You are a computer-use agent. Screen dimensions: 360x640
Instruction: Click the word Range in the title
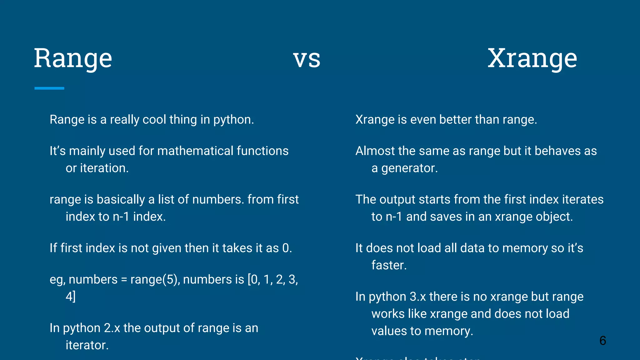[73, 58]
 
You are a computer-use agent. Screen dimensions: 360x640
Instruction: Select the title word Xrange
[532, 58]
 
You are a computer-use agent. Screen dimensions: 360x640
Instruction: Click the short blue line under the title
[49, 88]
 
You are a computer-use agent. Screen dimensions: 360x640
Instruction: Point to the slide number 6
[603, 341]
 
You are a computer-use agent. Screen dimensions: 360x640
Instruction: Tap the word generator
[409, 168]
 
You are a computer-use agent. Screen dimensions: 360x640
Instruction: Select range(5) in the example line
[155, 280]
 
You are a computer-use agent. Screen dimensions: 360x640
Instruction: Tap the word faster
[389, 265]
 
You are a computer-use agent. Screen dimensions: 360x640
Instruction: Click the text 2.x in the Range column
[112, 328]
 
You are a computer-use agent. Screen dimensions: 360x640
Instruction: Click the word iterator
[87, 345]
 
